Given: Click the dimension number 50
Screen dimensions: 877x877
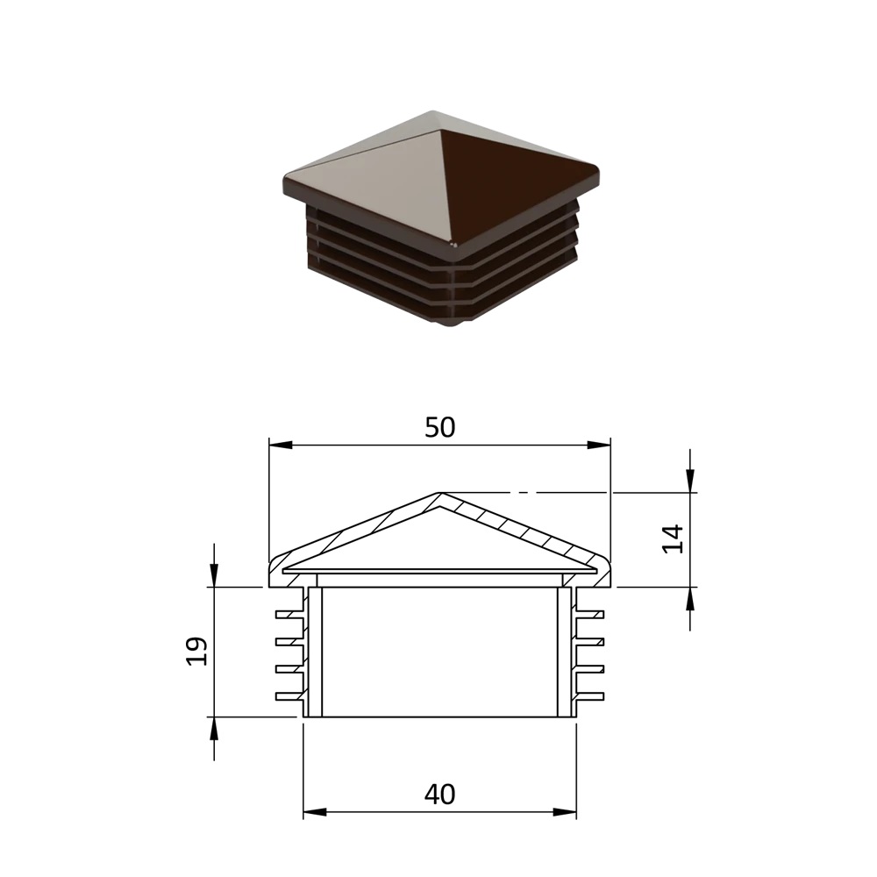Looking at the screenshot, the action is [440, 428].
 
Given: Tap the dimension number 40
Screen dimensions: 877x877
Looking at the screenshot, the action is [440, 795].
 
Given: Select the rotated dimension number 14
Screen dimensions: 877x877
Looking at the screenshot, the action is [674, 539].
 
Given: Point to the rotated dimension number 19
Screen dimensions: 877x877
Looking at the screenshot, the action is [196, 651].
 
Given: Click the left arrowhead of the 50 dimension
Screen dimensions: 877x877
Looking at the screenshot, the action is [281, 446].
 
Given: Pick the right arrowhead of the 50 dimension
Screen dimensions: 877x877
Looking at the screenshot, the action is [598, 446].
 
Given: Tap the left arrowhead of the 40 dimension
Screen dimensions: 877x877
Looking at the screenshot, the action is [314, 811].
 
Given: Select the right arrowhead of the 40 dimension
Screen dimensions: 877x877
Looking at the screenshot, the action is [564, 811].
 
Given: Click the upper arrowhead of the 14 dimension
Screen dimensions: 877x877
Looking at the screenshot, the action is [690, 481].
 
